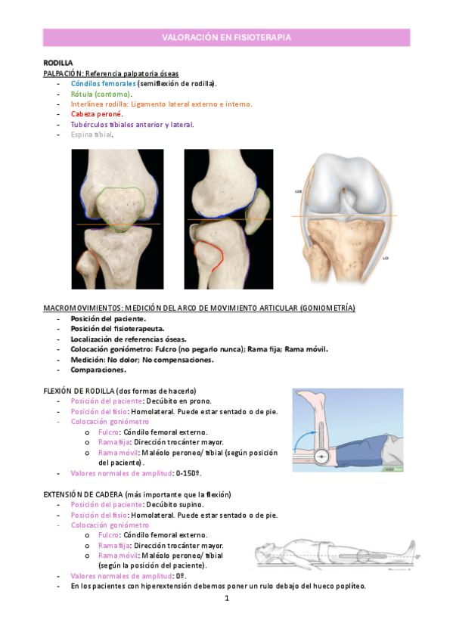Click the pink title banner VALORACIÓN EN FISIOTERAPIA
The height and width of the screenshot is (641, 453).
point(226,37)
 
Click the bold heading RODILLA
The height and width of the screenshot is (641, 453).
point(58,63)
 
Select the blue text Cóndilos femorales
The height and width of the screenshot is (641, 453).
point(103,83)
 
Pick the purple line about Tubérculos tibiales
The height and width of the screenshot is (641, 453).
point(132,125)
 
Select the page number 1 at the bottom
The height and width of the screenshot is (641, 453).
point(226,598)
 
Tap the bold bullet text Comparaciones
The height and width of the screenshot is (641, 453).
point(98,370)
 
